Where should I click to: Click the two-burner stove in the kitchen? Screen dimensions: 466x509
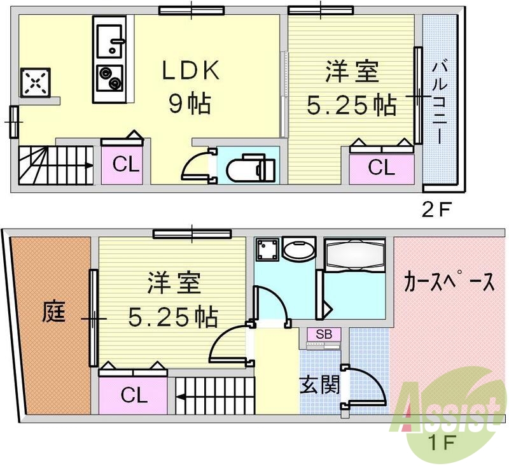(x=109, y=78)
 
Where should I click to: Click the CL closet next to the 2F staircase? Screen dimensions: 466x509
(x=125, y=165)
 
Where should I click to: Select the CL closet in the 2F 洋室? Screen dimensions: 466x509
(x=381, y=167)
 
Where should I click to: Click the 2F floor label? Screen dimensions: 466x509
(x=436, y=208)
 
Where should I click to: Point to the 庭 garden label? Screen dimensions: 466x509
(x=53, y=311)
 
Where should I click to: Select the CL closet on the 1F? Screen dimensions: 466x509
(x=134, y=395)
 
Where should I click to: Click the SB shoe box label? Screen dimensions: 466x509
(x=323, y=334)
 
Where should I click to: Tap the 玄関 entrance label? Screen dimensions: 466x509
(x=319, y=385)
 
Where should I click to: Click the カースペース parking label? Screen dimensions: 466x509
(x=449, y=282)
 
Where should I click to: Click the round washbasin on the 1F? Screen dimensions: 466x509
(x=298, y=250)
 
